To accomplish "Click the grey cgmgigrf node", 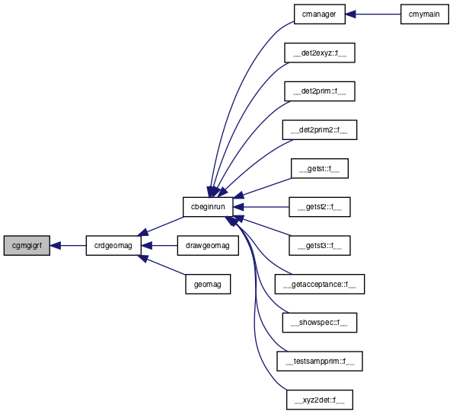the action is (27, 245).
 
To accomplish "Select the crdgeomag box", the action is (113, 245).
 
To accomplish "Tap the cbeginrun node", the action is (208, 207).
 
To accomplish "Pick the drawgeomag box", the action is (208, 245).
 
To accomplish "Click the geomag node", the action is (208, 284).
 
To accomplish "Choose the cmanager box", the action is (320, 14).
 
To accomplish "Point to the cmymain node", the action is (424, 14).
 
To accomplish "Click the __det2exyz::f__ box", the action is (320, 53).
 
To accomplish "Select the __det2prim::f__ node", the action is (320, 91).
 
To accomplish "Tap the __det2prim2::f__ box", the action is (320, 130).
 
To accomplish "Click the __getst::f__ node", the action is (320, 168).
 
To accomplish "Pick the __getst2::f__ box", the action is (320, 207).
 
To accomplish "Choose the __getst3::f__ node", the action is (320, 245).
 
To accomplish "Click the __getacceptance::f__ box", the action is (320, 284).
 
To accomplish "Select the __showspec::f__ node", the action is (320, 323).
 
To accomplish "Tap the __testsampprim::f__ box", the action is (320, 361).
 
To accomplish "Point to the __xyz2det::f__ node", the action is (320, 400).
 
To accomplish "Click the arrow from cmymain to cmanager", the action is (373, 14).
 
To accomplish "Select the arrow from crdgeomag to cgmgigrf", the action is (68, 245).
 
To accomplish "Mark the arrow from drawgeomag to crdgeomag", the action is (159, 245).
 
